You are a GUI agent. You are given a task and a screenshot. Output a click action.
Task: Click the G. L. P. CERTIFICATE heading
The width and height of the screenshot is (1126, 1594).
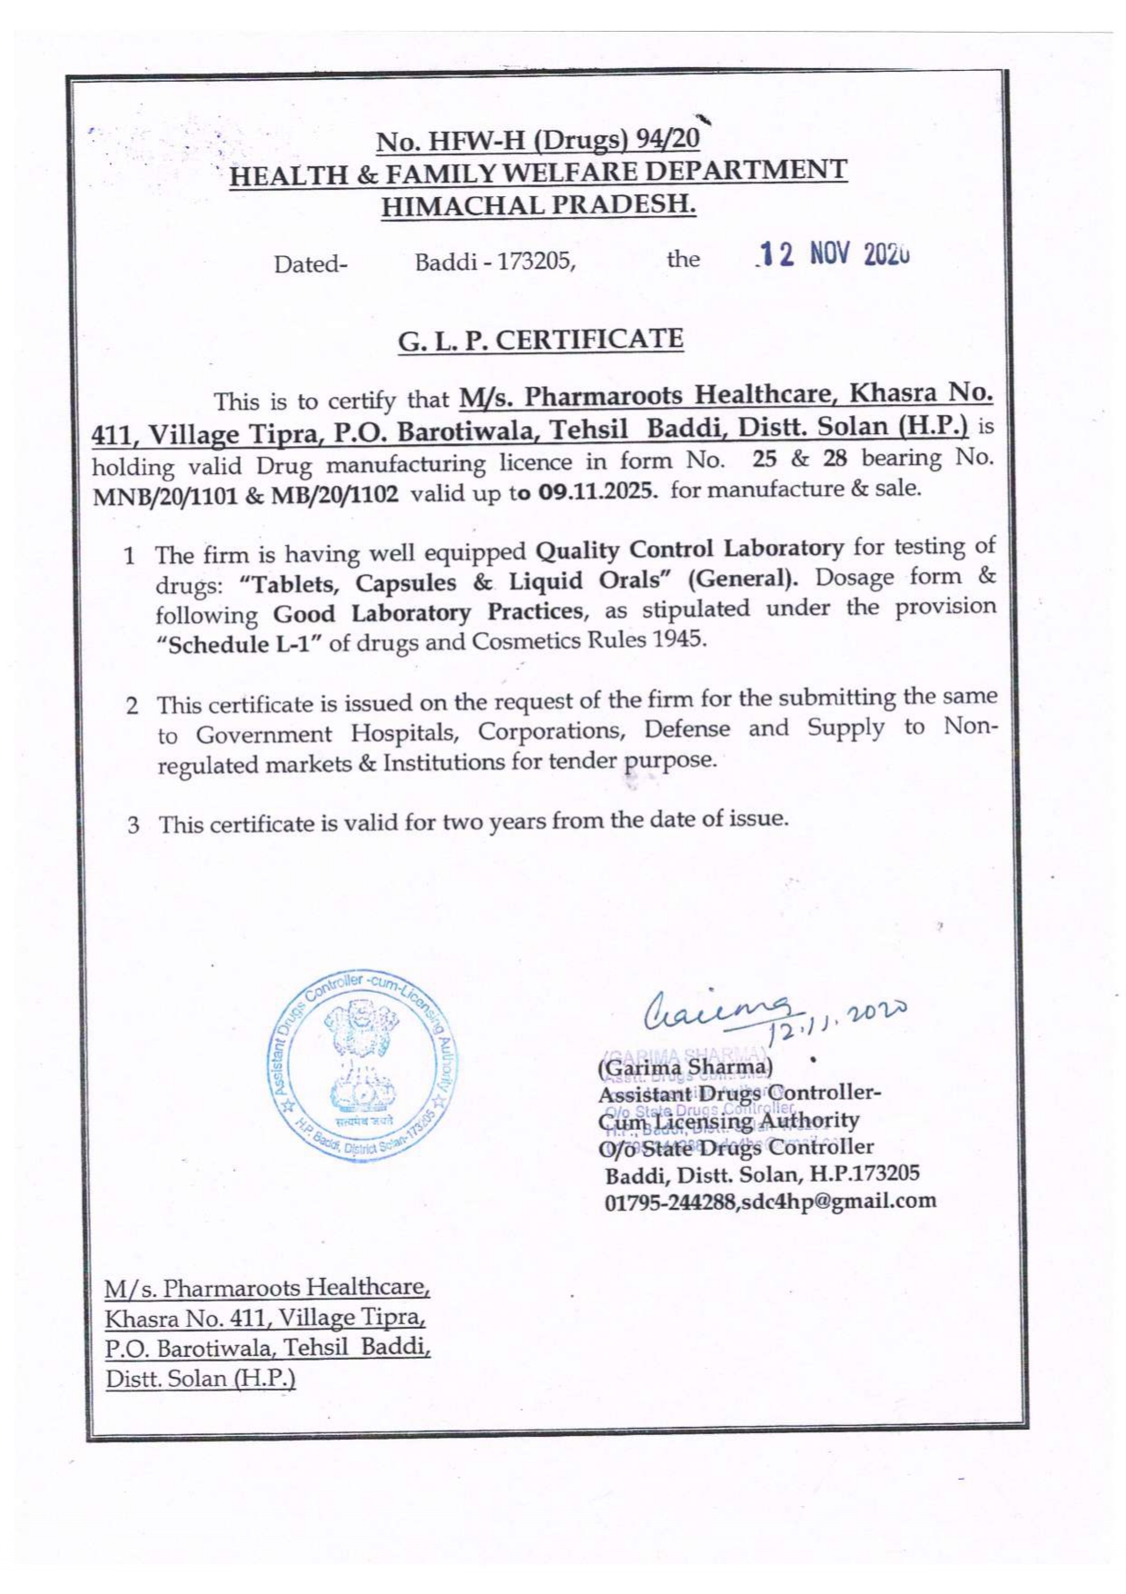click(x=540, y=341)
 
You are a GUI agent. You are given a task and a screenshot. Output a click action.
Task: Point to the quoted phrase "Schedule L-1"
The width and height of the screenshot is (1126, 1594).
click(x=240, y=645)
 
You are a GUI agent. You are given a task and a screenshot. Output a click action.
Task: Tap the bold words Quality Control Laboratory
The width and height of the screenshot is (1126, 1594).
click(x=690, y=549)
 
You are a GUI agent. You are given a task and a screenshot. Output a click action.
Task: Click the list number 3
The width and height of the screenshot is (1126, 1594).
click(x=133, y=826)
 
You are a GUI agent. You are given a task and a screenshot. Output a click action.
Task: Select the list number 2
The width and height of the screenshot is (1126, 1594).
click(x=133, y=706)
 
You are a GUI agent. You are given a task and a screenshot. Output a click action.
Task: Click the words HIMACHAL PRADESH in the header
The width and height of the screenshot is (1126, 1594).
click(x=538, y=205)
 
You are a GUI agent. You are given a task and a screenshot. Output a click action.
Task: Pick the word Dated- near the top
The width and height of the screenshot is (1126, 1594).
click(x=311, y=264)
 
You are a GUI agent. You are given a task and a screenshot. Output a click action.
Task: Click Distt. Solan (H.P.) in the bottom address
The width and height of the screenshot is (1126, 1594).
click(x=201, y=1378)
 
